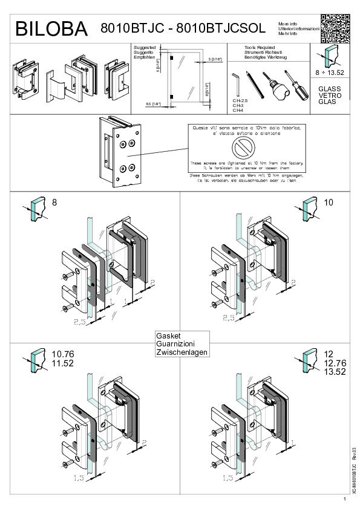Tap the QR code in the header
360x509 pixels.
coord(335,27)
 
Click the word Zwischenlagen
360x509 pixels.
coord(182,352)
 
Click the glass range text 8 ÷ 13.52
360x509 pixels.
coord(329,73)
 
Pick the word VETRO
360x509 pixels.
coord(330,96)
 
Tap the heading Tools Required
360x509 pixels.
coord(260,47)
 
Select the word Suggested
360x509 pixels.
coord(145,47)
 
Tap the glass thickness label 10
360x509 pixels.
coord(329,202)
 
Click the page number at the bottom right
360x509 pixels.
coord(344,499)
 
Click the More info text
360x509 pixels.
coord(287,22)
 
